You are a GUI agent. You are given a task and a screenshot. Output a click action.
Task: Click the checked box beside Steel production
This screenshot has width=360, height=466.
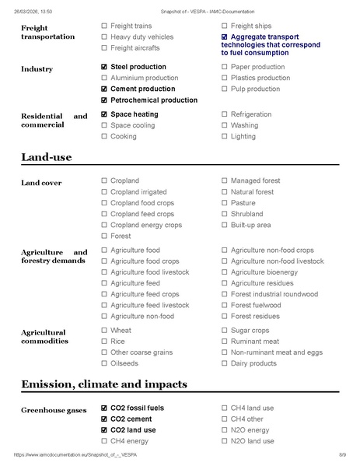[104, 68]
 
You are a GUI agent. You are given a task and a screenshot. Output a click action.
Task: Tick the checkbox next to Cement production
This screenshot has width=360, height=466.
[104, 89]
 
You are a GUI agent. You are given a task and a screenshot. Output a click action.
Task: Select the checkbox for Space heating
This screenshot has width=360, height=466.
[104, 114]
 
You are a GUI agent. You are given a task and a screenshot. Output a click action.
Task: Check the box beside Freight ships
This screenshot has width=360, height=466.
[225, 26]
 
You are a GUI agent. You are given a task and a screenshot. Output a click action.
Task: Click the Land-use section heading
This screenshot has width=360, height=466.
[47, 157]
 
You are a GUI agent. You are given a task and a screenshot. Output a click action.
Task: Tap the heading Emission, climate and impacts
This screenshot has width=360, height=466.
[104, 384]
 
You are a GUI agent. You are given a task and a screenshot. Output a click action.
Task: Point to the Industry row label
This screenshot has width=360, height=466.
[37, 69]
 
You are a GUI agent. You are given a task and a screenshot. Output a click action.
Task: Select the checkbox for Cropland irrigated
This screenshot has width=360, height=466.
[104, 192]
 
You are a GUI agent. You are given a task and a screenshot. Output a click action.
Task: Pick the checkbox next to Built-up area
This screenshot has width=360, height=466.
[225, 225]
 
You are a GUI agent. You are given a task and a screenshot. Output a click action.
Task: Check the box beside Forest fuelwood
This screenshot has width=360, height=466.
[225, 306]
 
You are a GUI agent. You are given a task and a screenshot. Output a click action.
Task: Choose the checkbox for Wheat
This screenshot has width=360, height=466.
[104, 331]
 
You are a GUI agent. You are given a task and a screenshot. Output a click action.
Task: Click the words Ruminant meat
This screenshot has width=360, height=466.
[254, 342]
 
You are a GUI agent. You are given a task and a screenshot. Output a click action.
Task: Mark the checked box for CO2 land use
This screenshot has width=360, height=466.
[104, 430]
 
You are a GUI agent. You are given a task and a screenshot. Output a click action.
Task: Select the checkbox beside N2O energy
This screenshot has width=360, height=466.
[225, 430]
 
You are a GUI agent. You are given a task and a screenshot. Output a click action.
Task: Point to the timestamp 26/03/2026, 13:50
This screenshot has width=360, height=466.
[36, 5]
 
